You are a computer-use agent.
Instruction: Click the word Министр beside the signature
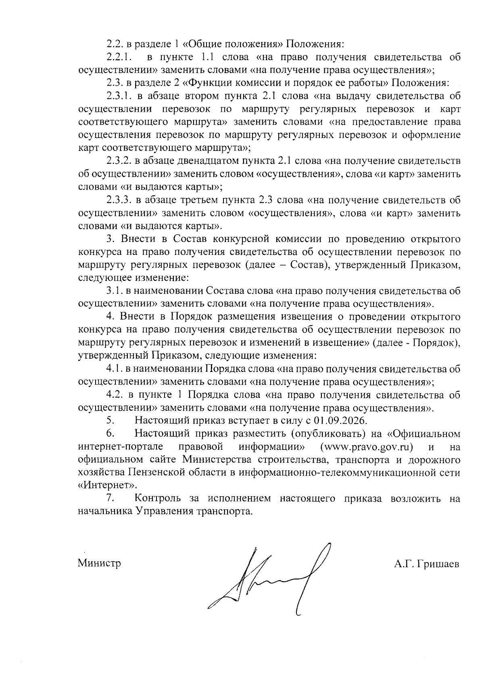(99, 563)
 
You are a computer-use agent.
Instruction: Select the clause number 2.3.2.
(119, 161)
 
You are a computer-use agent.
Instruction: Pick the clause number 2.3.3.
(119, 200)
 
